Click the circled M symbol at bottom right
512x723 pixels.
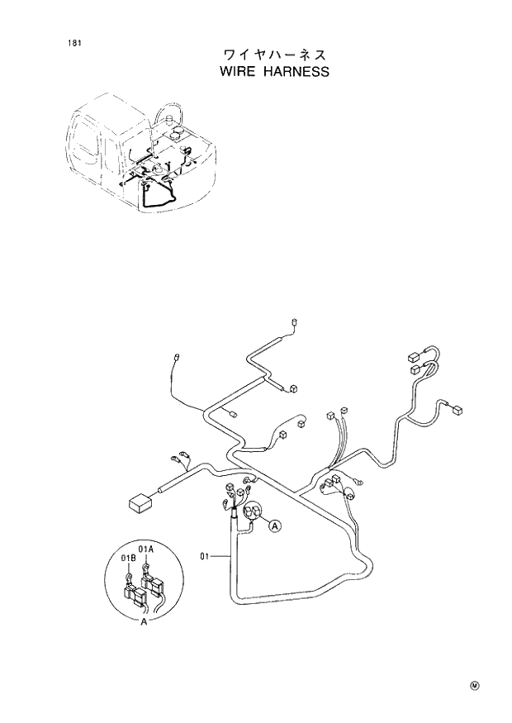click(475, 685)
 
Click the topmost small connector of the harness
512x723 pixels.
click(294, 322)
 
